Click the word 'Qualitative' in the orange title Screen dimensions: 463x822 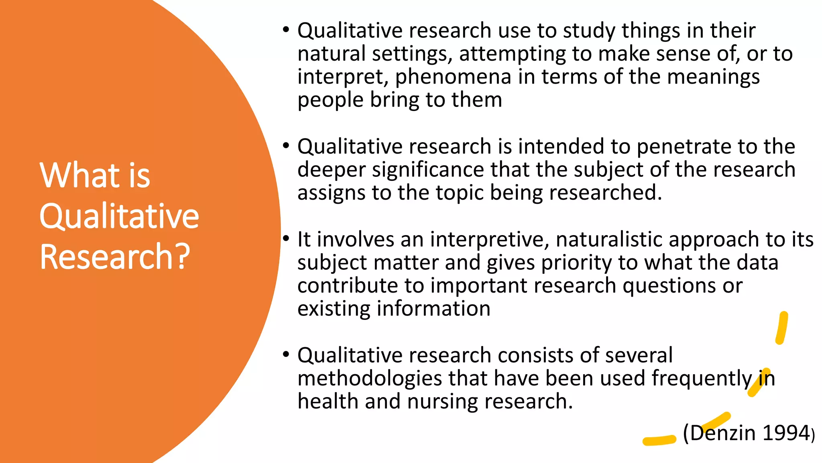tap(119, 216)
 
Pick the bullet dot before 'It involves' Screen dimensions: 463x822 tap(286, 239)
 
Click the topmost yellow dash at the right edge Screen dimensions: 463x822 tap(781, 328)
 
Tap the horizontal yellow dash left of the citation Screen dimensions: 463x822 tap(659, 440)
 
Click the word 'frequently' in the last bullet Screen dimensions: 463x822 tap(701, 379)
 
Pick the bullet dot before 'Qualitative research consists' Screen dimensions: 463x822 tap(286, 355)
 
